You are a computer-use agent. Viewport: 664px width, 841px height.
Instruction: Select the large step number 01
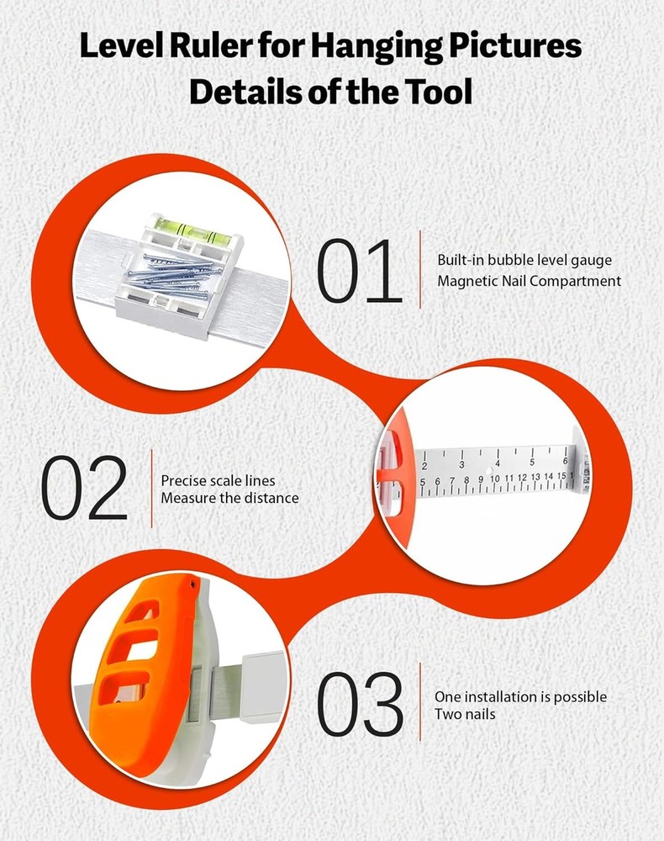click(x=359, y=271)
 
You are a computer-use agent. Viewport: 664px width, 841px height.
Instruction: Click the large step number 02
click(x=85, y=488)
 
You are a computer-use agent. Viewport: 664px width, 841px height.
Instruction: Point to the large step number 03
click(x=360, y=703)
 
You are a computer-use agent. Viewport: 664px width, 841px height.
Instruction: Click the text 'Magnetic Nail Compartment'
click(x=529, y=281)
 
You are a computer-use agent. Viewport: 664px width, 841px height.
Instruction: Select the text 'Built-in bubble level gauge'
click(x=524, y=260)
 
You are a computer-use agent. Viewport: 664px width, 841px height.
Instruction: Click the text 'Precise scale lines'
click(x=219, y=480)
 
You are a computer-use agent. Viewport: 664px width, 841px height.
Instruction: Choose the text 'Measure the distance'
click(x=230, y=498)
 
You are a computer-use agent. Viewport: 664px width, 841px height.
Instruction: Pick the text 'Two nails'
click(x=465, y=714)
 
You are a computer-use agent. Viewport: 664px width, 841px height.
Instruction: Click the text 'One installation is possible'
click(x=520, y=696)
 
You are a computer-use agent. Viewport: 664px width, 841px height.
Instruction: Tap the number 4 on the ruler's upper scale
click(x=498, y=463)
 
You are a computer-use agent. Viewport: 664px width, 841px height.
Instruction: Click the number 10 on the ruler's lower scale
click(x=495, y=479)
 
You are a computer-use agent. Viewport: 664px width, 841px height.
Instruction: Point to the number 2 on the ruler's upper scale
click(x=424, y=466)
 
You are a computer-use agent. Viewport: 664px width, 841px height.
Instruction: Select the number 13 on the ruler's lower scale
click(x=535, y=477)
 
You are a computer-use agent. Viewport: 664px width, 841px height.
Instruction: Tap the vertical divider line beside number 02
click(x=151, y=489)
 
